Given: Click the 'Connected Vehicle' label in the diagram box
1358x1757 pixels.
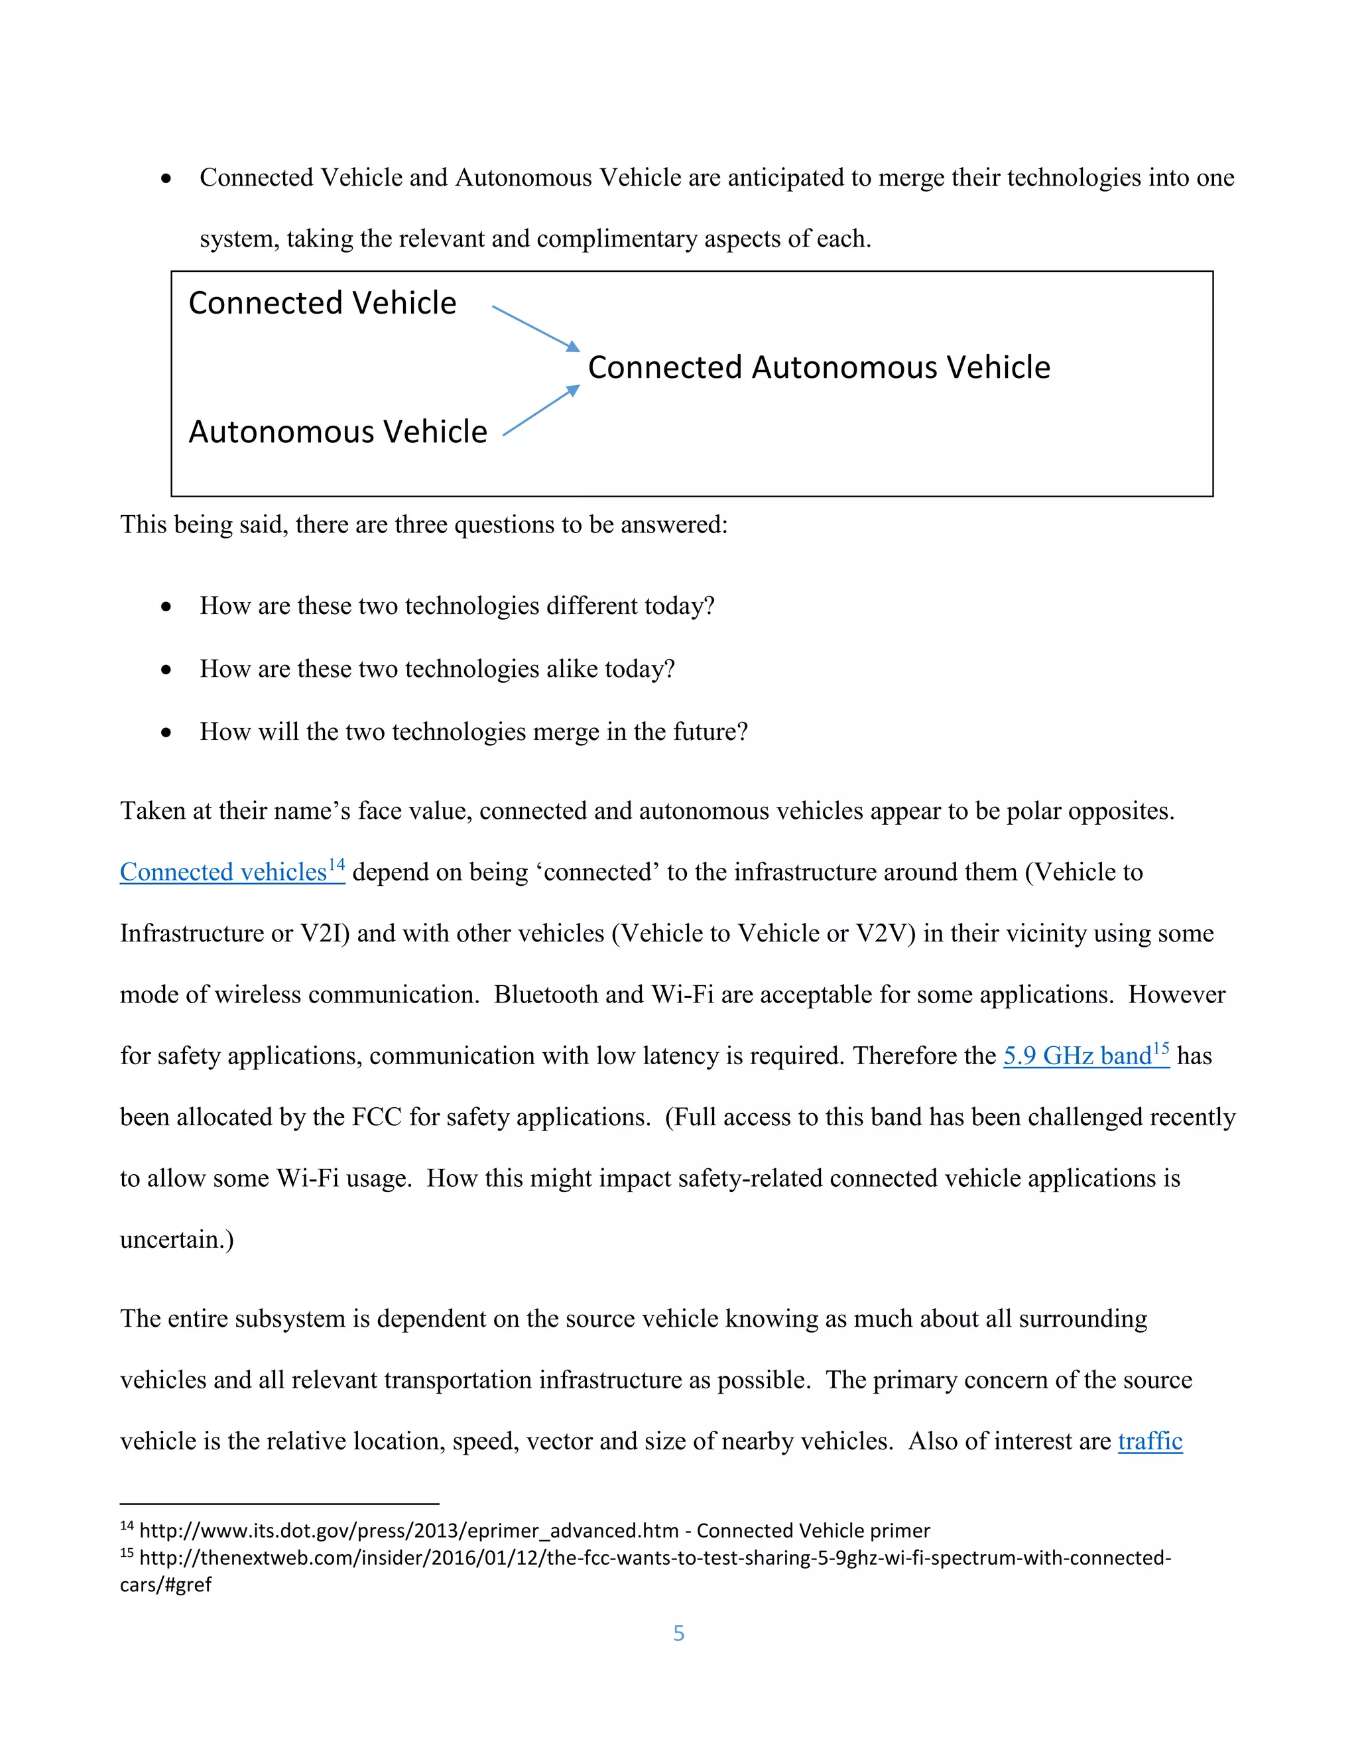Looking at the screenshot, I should pos(322,303).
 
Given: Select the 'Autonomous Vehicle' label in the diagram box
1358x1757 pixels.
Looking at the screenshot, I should pos(338,432).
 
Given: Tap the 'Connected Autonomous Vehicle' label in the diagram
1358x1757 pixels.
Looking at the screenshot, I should pos(818,368).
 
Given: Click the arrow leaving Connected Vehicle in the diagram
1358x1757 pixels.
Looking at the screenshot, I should pos(535,328).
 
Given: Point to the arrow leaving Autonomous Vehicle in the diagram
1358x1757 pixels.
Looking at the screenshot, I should pos(540,411).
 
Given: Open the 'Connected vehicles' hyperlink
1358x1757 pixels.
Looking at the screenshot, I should pos(223,872).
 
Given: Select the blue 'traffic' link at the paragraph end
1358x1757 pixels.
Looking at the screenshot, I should pos(1150,1441).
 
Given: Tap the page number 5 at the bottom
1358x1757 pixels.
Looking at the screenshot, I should pos(678,1633).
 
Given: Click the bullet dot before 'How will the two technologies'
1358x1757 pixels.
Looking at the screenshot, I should pos(166,732).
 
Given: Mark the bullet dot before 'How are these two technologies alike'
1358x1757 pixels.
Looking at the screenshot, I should pos(166,670).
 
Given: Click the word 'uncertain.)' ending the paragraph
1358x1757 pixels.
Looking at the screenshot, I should pos(177,1240).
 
